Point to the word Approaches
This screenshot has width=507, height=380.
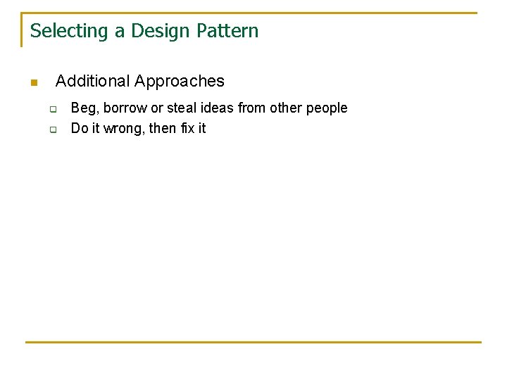(180, 81)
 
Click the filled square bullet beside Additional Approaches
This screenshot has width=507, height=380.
(33, 83)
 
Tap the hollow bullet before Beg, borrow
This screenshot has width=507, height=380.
(52, 109)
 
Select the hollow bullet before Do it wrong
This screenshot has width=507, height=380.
(52, 129)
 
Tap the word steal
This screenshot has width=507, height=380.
(182, 108)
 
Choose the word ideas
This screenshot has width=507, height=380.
(217, 108)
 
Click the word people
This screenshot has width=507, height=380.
(327, 108)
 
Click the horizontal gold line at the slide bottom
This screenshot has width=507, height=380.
(254, 342)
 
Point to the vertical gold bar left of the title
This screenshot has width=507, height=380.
(22, 30)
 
